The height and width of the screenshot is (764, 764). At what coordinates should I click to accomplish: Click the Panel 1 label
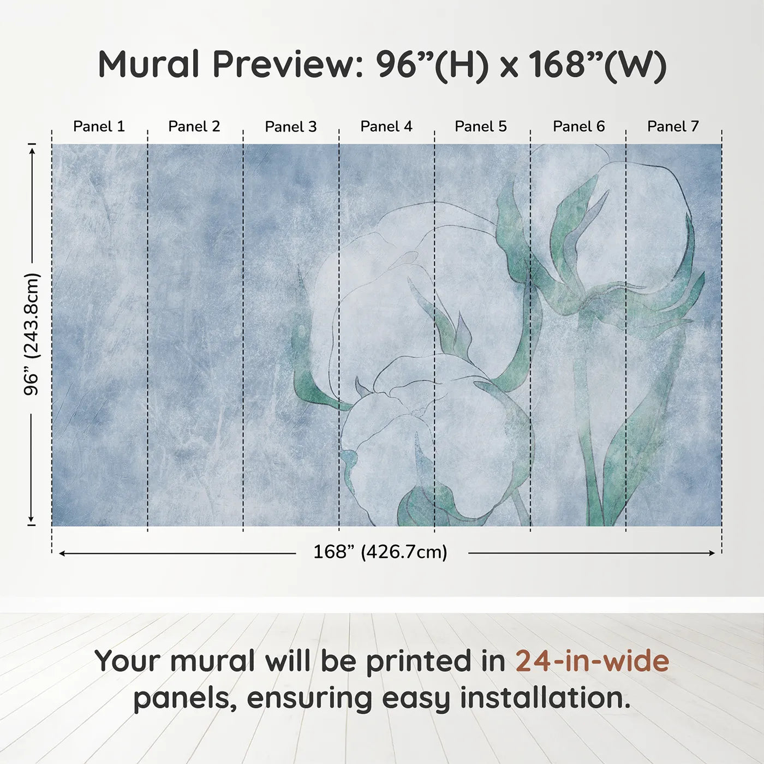click(x=99, y=127)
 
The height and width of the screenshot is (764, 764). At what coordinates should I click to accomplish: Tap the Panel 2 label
click(x=194, y=127)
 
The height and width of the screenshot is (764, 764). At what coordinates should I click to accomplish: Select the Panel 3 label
click(x=290, y=127)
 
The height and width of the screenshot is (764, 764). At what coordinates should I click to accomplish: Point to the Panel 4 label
click(x=386, y=127)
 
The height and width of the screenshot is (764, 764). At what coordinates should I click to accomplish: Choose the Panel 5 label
click(x=480, y=127)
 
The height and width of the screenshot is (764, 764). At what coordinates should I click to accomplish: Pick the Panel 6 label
click(x=578, y=127)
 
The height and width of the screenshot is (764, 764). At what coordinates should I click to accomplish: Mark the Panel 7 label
click(x=672, y=127)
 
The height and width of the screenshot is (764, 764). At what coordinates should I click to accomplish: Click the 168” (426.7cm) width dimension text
click(x=380, y=552)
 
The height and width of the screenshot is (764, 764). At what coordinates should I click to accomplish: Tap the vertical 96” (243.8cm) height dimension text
click(x=32, y=334)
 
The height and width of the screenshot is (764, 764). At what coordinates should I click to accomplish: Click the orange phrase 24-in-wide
click(x=592, y=661)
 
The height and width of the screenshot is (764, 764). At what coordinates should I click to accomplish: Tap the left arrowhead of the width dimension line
click(x=62, y=553)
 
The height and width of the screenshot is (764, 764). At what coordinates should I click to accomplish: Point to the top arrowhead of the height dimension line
click(x=32, y=149)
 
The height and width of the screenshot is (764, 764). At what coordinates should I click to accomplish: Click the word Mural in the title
click(x=148, y=64)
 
